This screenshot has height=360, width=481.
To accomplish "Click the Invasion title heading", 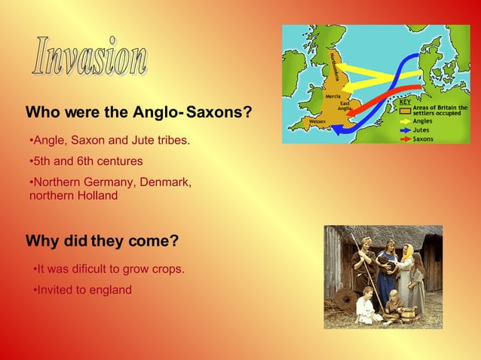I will pyautogui.click(x=90, y=56).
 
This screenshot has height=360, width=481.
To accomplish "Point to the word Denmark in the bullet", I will pyautogui.click(x=165, y=182).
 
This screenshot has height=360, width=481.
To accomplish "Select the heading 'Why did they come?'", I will pyautogui.click(x=102, y=241).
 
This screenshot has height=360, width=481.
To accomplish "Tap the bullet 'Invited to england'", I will pyautogui.click(x=84, y=290).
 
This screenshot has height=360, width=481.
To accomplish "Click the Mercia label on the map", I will pyautogui.click(x=332, y=96).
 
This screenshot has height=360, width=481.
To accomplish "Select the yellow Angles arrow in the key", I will pyautogui.click(x=404, y=121).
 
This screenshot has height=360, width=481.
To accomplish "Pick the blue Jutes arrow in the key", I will pyautogui.click(x=404, y=130).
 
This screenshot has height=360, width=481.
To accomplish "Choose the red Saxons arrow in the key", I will pyautogui.click(x=404, y=139).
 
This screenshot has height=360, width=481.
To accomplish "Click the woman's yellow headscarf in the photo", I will pyautogui.click(x=407, y=252).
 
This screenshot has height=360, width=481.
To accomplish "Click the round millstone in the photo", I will pyautogui.click(x=343, y=301).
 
